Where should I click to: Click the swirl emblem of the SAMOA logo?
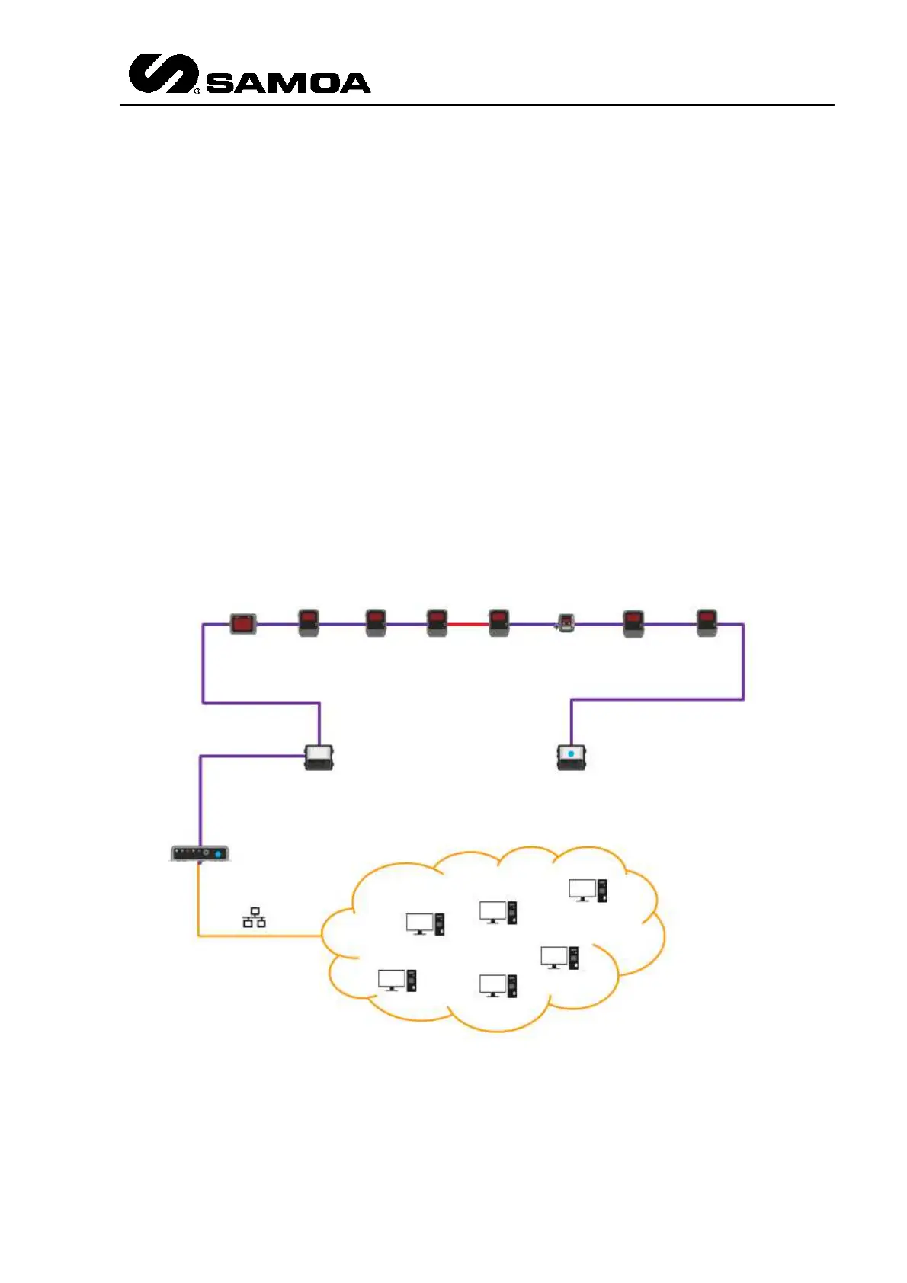coord(162,74)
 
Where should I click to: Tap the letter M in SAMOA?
coord(277,83)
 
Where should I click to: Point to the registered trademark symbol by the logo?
coord(197,91)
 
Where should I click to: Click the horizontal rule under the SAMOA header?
coord(476,105)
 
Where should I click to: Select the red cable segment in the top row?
coord(467,624)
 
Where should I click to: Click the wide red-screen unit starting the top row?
coord(243,623)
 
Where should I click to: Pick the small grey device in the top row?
coord(566,623)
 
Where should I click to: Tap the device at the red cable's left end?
coord(437,622)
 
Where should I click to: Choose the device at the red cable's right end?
coord(498,622)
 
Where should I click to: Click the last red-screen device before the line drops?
coord(707,622)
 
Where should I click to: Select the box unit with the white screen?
coord(319,757)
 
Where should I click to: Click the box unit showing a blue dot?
coord(571,757)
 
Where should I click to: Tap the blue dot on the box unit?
coord(571,753)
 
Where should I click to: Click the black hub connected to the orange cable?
coord(200,853)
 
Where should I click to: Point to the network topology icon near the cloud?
coord(255,917)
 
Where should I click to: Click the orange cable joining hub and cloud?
coord(259,936)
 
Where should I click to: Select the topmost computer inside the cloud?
coord(588,890)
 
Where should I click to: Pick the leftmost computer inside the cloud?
coord(397,980)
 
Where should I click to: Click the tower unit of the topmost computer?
coord(602,890)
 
